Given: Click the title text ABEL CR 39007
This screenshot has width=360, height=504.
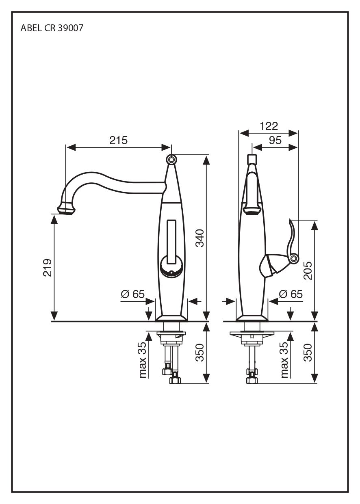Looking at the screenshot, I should click(52, 29).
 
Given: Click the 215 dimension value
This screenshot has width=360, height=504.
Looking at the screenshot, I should click(118, 141).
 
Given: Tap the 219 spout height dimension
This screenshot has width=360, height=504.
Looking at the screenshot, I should click(48, 267).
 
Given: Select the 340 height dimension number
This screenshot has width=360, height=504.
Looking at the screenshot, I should click(200, 238).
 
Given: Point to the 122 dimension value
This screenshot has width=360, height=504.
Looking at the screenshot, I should click(269, 126).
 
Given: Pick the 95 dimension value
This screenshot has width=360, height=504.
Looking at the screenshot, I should click(275, 140).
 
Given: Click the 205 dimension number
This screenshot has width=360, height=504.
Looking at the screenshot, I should click(308, 270).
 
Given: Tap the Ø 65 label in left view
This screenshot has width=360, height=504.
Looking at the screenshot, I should click(132, 294).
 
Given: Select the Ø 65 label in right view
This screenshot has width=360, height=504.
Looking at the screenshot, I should click(291, 294).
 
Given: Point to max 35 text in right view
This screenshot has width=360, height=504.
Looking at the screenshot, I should click(284, 360).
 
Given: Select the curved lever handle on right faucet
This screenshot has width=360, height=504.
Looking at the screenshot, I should click(292, 240).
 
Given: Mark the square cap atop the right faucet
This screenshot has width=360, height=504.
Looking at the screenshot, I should click(252, 158).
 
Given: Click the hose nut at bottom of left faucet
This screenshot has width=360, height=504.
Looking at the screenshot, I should click(175, 380).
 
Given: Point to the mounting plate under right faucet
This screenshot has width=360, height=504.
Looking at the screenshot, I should click(252, 334).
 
